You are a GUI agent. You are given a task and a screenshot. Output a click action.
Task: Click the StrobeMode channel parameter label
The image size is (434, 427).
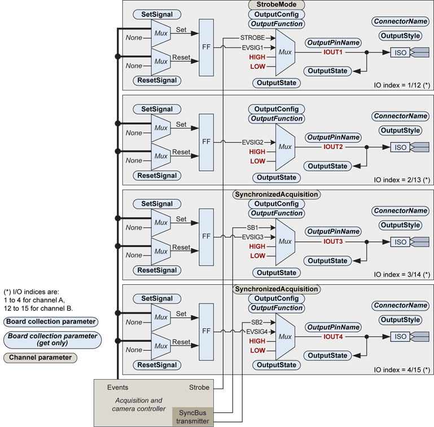pos(277,5)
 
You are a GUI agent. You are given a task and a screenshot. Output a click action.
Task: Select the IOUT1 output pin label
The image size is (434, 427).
pos(333,52)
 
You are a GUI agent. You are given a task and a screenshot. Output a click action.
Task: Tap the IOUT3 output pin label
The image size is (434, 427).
pos(333,241)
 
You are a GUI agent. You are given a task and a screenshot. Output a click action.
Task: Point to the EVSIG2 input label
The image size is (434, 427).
pos(253,142)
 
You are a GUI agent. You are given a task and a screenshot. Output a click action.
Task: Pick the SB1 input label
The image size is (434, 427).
pos(252,227)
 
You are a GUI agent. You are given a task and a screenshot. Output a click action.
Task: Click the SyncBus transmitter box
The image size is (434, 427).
pos(192,416)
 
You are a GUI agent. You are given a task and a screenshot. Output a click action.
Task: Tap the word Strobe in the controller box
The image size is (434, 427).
pos(199,388)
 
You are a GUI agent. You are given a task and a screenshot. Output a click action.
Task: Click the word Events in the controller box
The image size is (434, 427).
pos(117,388)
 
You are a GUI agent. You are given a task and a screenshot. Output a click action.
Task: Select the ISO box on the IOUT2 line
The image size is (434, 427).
pos(400,147)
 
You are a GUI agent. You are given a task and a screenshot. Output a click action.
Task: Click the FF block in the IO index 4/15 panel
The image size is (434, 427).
pos(207,331)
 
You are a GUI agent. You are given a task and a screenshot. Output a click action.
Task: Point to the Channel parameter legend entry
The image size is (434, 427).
pos(41,357)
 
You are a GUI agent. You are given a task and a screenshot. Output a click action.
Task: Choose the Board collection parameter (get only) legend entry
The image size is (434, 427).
pos(51,339)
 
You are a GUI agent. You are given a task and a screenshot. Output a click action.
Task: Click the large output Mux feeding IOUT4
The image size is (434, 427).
pos(285,336)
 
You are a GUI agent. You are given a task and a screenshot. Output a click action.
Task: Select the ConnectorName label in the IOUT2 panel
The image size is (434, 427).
pos(400,116)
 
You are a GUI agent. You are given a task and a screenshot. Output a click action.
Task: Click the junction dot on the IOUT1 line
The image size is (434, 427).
pos(367,52)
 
